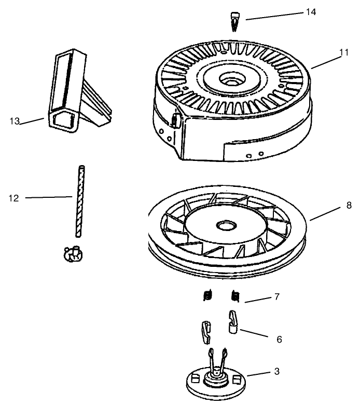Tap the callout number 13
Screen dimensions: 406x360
pos(14,121)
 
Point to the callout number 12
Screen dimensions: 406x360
pos(14,197)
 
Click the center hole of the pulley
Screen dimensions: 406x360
pos(226,226)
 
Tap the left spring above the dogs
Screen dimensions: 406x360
pos(207,296)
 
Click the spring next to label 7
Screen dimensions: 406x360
pos(234,296)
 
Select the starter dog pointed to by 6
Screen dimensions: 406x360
pos(233,320)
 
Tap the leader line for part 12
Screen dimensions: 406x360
pos(49,197)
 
